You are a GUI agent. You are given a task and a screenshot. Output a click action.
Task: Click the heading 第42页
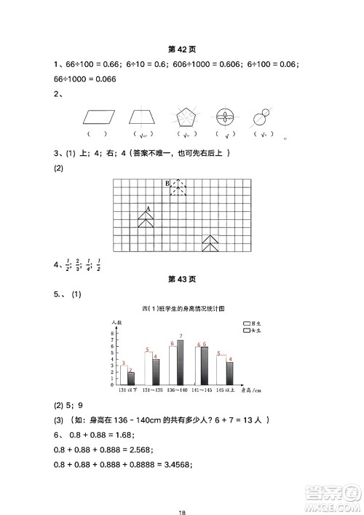pyautogui.click(x=181, y=50)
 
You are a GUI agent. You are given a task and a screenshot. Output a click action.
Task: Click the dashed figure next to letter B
pyautogui.click(x=177, y=187)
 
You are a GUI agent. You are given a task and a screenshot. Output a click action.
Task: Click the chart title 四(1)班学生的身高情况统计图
pyautogui.click(x=181, y=309)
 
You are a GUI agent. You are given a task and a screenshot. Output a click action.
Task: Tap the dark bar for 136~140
pyautogui.click(x=180, y=362)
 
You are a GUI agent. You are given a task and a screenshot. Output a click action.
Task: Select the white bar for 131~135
pyautogui.click(x=148, y=369)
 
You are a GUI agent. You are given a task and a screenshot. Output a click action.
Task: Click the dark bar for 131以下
pyautogui.click(x=131, y=378)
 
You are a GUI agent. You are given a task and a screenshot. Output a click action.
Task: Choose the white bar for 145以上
pyautogui.click(x=221, y=370)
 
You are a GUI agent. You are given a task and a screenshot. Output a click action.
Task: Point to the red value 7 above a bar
pyautogui.click(x=180, y=336)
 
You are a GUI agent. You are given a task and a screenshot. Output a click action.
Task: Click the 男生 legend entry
pyautogui.click(x=252, y=322)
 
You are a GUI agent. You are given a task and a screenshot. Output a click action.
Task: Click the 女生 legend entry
pyautogui.click(x=252, y=331)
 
